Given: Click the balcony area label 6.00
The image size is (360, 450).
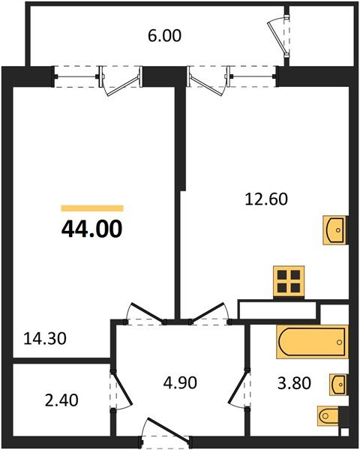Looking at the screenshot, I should (x=165, y=35).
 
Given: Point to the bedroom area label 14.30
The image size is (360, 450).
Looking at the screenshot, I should (x=45, y=338).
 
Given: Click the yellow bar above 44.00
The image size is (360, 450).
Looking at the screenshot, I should (x=91, y=208).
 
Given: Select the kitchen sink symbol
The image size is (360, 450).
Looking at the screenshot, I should (x=335, y=229).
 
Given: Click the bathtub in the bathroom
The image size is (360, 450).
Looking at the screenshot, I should (x=311, y=342).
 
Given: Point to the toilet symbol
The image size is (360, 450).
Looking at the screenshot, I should (x=331, y=415).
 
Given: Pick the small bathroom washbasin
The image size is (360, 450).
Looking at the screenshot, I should (x=337, y=385).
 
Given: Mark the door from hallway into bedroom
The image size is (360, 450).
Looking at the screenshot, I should (x=147, y=313).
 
